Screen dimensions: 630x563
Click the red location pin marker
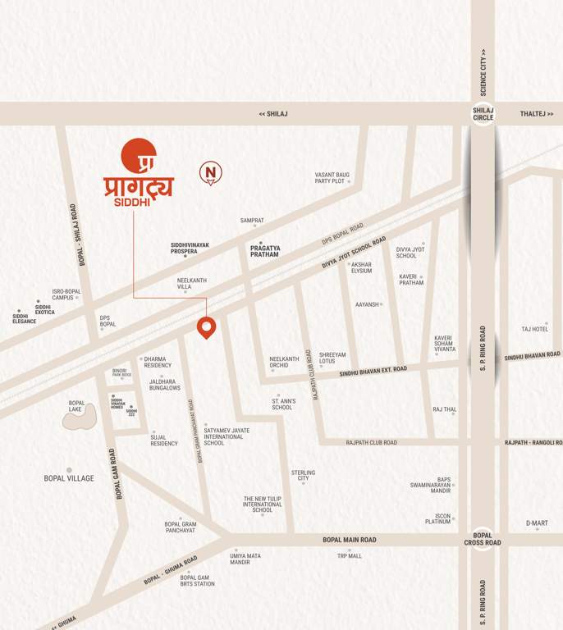(x=206, y=327)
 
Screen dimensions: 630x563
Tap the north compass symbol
(x=211, y=172)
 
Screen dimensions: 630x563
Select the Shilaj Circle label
(x=483, y=113)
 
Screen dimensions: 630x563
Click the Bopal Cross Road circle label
(x=483, y=538)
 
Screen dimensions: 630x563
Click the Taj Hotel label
(x=534, y=329)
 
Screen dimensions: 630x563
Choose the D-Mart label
(x=537, y=523)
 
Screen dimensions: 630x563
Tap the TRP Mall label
(x=349, y=555)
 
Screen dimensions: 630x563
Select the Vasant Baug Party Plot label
(x=332, y=177)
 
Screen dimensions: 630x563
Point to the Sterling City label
(x=303, y=475)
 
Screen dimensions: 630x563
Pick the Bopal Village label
(x=69, y=477)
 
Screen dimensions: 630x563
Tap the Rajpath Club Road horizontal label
(x=371, y=442)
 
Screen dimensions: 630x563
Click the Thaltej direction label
(x=538, y=114)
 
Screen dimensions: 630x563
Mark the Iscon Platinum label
(x=437, y=518)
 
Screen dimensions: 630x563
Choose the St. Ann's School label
(x=282, y=404)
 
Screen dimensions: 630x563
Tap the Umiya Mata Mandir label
(x=245, y=559)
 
